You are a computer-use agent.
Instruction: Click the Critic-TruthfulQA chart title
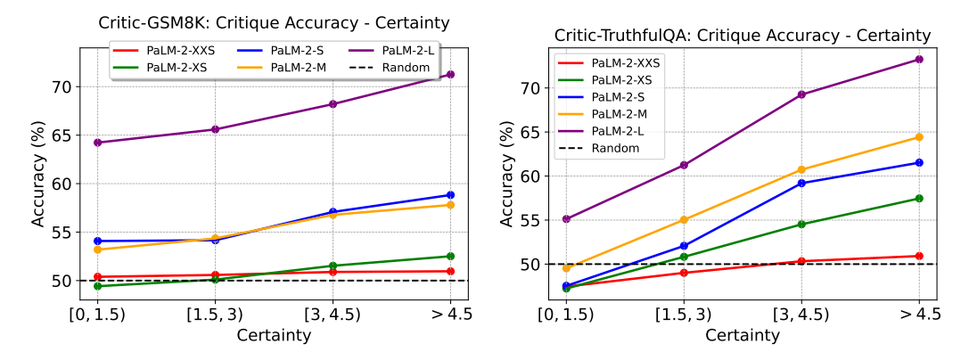pyautogui.click(x=743, y=36)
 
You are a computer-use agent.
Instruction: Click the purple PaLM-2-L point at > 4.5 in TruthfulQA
pyautogui.click(x=918, y=60)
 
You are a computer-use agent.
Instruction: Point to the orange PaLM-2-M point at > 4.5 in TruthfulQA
pyautogui.click(x=918, y=137)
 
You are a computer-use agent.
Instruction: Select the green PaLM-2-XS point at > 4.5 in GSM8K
pyautogui.click(x=450, y=257)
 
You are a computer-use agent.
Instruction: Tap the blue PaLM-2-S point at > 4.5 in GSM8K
pyautogui.click(x=450, y=195)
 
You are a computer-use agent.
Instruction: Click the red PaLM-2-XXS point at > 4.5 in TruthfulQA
pyautogui.click(x=918, y=257)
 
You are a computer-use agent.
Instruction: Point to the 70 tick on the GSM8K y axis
pyautogui.click(x=62, y=87)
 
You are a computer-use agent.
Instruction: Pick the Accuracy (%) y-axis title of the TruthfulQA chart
pyautogui.click(x=506, y=175)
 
